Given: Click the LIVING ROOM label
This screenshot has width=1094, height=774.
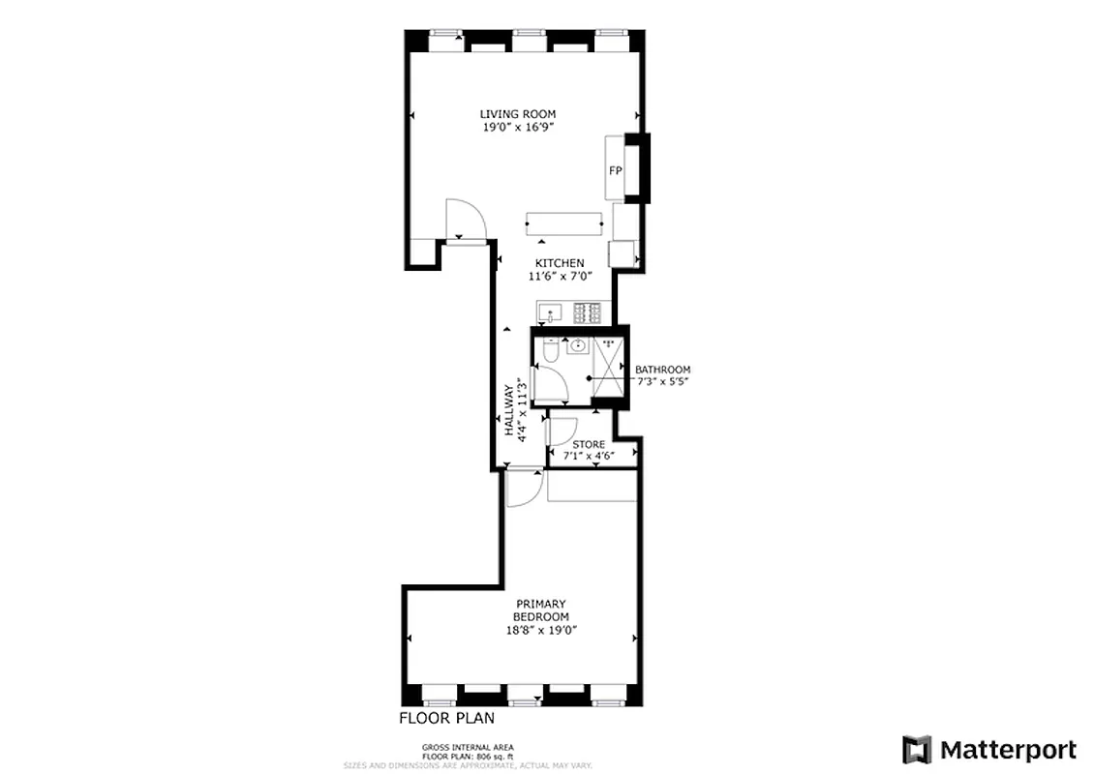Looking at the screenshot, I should point(518,114).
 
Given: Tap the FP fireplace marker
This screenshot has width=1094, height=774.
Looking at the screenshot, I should point(614,170).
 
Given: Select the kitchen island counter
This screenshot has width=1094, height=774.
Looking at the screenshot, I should point(564,223).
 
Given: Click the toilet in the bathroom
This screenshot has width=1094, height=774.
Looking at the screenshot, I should point(549,355).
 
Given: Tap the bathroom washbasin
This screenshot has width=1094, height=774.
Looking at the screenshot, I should point(577,345).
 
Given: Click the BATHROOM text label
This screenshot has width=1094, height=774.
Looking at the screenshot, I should point(662,370).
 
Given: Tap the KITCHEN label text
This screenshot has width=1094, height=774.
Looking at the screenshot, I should point(561,263).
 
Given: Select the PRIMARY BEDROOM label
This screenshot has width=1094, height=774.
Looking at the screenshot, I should point(541,610).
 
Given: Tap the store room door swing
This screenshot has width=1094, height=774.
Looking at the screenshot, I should point(563,431).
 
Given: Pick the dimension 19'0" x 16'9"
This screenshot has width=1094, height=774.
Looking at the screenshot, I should point(518,127).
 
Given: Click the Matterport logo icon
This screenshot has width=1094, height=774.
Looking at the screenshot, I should point(916,750).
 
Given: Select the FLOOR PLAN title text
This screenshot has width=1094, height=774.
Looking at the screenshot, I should point(447,718).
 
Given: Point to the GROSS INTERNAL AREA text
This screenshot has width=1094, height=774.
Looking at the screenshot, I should point(468,747).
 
